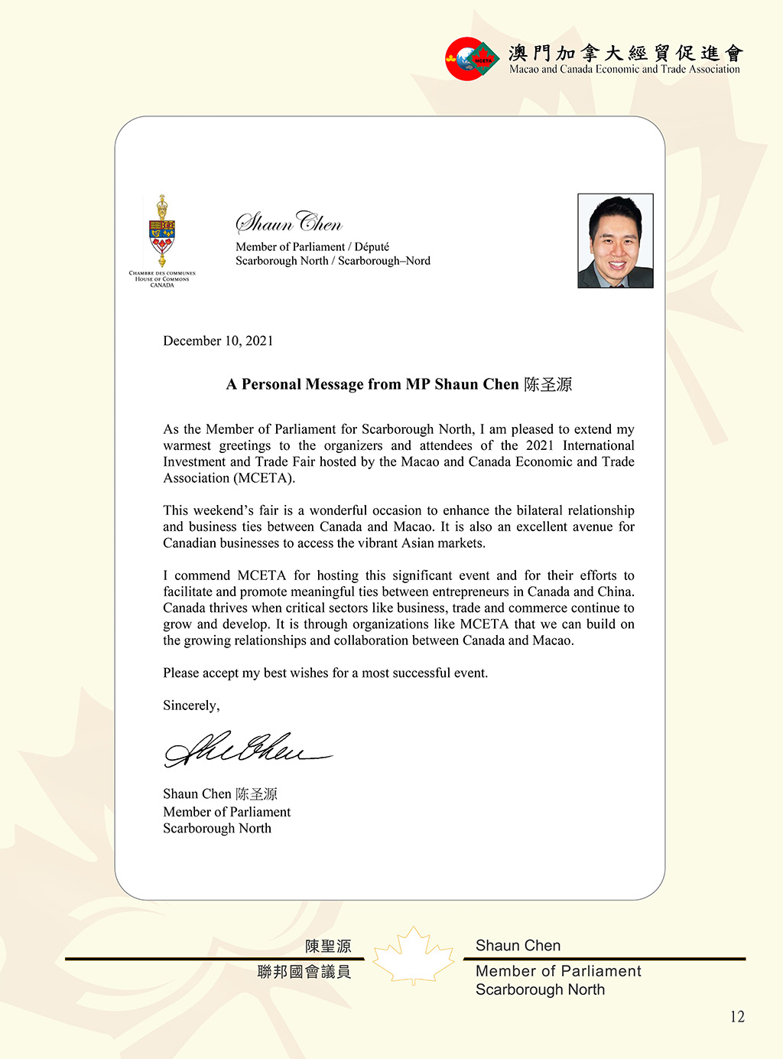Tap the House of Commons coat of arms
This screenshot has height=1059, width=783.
click(162, 232)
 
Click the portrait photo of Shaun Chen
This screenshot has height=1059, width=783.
click(615, 240)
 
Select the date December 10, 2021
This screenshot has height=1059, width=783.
click(218, 341)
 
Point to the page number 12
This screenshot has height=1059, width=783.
click(737, 1017)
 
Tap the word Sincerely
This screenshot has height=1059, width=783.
click(191, 705)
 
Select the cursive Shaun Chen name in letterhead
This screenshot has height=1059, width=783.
click(289, 223)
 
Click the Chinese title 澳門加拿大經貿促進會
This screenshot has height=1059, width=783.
click(625, 53)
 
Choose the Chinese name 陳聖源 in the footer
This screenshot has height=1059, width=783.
click(328, 947)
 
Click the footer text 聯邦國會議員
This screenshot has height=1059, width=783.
click(304, 972)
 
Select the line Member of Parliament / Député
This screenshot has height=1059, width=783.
click(312, 246)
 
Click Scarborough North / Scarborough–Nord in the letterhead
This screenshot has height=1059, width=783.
click(333, 261)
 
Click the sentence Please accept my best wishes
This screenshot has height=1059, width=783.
click(325, 673)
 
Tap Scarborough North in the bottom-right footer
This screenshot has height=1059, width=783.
click(540, 989)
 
